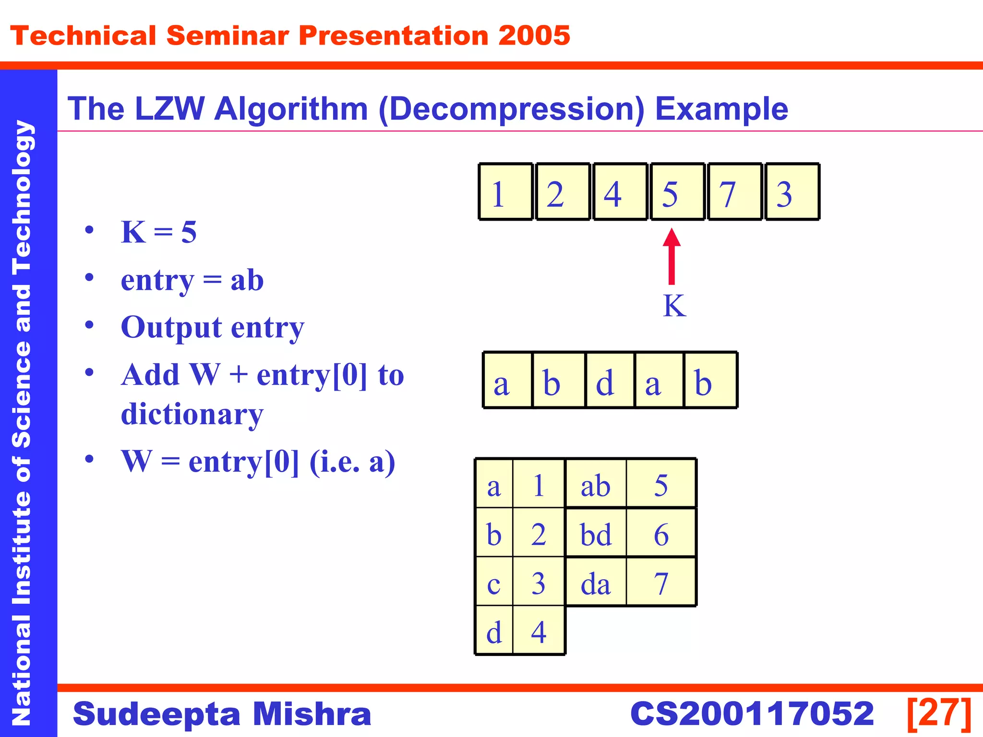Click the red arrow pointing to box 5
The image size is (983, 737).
point(671,257)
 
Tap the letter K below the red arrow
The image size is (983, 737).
point(674,306)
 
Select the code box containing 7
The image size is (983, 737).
point(734,192)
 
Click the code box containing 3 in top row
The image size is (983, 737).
point(792,192)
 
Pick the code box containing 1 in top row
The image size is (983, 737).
point(506,192)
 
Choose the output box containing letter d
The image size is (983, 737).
point(610,380)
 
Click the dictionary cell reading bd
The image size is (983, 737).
point(596,534)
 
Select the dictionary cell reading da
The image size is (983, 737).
point(596,582)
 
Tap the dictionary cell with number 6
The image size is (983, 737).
point(661,534)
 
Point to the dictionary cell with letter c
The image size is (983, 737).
point(494,582)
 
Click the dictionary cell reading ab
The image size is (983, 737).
point(596,485)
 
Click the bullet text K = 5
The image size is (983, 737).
point(158,232)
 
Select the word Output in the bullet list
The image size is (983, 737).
point(171,328)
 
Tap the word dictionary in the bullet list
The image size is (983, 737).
point(192,414)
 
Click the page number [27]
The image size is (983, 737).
point(939,713)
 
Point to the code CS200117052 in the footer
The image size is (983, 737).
point(752,713)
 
